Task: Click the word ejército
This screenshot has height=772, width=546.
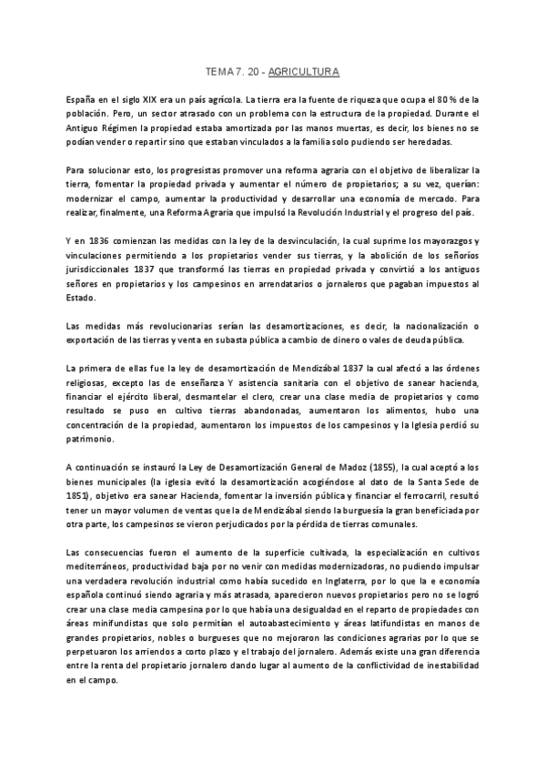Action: (136, 397)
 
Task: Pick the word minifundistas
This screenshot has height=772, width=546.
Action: (123, 624)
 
